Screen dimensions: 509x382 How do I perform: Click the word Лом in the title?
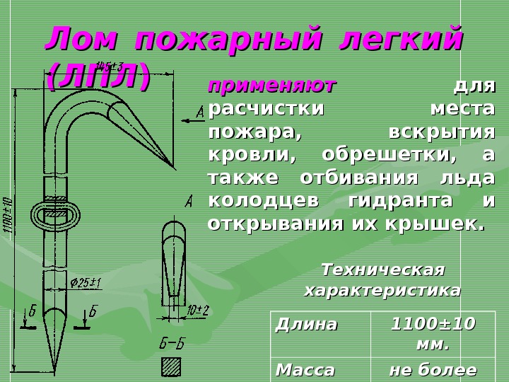point(80,40)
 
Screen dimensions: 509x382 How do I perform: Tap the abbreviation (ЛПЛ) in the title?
point(98,76)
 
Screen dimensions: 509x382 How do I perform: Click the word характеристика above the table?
point(382,290)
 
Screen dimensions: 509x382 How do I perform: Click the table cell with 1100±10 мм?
point(433,333)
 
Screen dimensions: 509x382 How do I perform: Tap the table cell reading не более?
point(433,370)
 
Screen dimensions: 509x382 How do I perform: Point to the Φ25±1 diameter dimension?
point(86,283)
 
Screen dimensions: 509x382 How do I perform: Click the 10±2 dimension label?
point(198,309)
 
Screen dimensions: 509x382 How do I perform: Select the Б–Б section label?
point(171,344)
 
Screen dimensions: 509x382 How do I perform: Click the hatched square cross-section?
point(171,366)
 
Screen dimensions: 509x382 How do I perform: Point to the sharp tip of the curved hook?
point(174,167)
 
